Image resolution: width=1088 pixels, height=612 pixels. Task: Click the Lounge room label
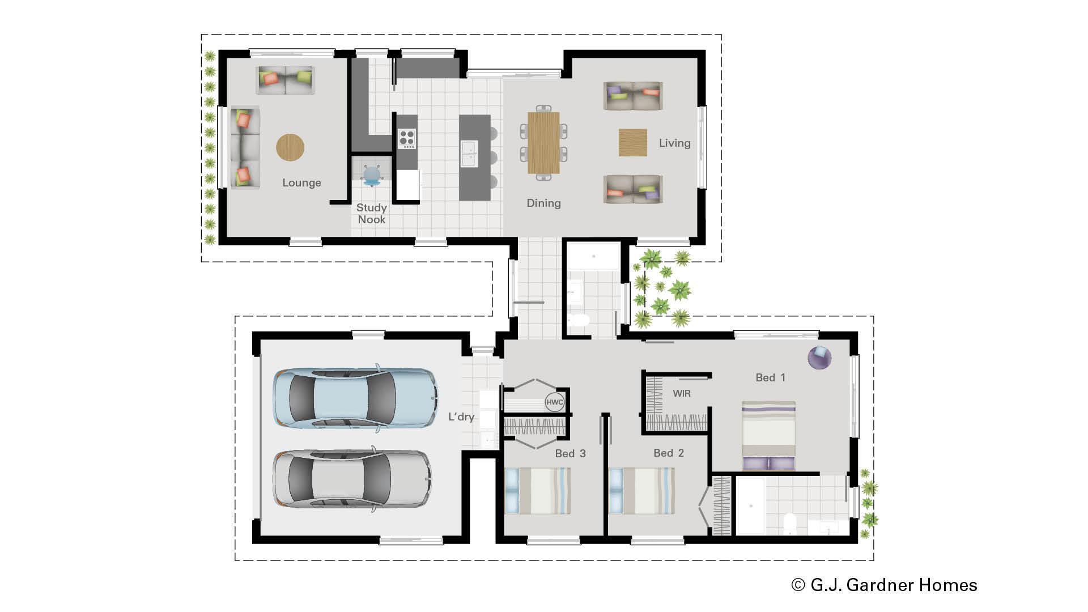(x=301, y=182)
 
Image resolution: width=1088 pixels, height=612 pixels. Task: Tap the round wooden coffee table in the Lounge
(x=290, y=147)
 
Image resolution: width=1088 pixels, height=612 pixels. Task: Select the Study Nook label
(x=371, y=214)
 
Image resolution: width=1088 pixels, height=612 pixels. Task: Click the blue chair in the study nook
(x=371, y=175)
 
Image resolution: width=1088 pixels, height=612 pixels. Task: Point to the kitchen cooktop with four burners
(x=406, y=138)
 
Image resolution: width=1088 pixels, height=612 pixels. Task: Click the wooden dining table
(x=543, y=143)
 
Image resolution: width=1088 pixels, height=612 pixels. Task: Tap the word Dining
(x=543, y=203)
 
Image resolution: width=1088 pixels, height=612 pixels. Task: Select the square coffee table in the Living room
(x=632, y=142)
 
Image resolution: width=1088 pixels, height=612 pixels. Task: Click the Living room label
(x=674, y=143)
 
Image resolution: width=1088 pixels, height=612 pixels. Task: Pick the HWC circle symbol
(x=554, y=402)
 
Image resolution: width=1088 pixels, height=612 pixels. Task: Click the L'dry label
(x=461, y=416)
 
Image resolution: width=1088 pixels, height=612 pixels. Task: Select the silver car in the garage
(x=351, y=479)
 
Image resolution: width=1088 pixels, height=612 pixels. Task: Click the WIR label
(x=681, y=393)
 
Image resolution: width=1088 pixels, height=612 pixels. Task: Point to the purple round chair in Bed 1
(x=819, y=358)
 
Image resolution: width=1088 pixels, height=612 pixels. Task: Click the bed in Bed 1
(x=768, y=435)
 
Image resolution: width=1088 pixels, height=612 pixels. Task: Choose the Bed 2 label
(x=669, y=453)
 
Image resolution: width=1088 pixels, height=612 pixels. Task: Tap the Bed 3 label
(x=570, y=453)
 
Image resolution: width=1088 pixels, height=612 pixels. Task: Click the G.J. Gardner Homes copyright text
(x=884, y=585)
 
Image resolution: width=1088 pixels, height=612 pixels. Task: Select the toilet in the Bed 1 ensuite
(x=789, y=524)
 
